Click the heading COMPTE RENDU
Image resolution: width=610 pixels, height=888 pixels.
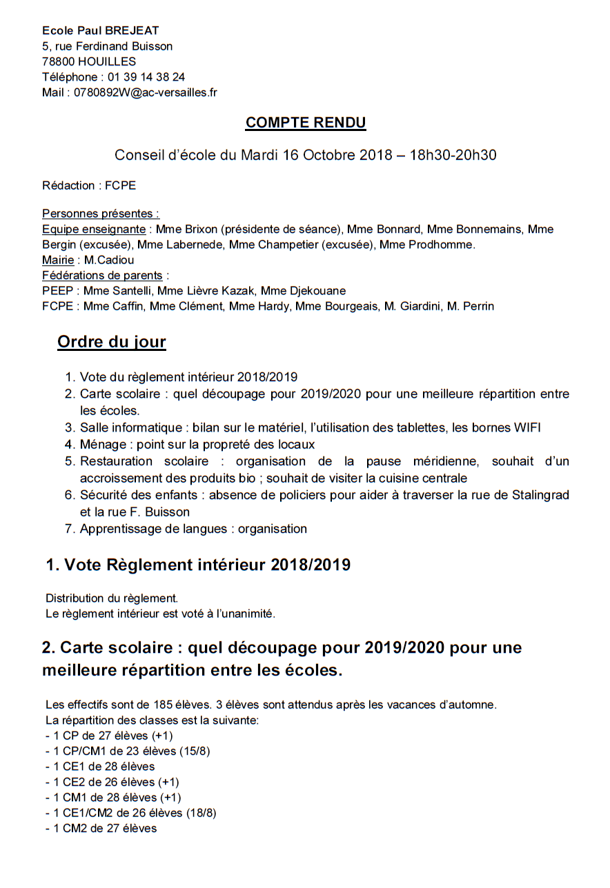point(306,123)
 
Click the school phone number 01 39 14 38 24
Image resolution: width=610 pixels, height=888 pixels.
point(146,77)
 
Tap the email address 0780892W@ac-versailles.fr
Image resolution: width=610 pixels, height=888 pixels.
point(146,92)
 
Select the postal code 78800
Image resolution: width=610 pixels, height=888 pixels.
point(59,62)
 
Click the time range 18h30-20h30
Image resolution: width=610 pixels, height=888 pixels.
point(453,155)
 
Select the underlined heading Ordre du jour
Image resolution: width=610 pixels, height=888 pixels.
point(112,342)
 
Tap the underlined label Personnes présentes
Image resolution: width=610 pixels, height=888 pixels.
point(101,214)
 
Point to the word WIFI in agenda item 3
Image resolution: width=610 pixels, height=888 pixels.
point(527,428)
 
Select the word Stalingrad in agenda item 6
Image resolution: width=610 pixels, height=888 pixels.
point(540,496)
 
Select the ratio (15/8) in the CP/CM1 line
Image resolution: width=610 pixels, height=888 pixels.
point(195,751)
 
